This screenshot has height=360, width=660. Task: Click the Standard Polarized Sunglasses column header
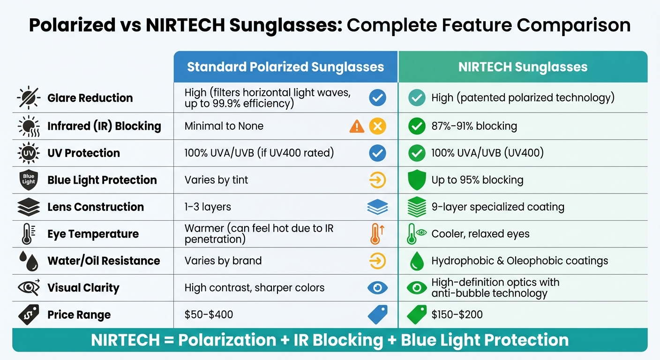click(285, 67)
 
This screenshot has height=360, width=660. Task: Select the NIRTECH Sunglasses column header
click(523, 67)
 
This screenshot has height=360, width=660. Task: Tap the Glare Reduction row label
click(90, 98)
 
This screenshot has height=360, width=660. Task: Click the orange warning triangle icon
click(357, 126)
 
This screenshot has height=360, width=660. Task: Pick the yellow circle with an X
click(377, 126)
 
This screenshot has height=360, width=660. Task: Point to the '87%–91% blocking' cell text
click(474, 126)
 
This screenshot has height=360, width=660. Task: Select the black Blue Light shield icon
click(29, 180)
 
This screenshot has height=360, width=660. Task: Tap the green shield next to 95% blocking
click(416, 180)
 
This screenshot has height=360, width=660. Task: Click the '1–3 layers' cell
click(208, 207)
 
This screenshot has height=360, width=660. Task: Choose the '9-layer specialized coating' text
click(498, 207)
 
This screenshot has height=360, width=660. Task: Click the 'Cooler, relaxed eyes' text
click(480, 234)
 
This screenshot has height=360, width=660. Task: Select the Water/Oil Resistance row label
click(104, 261)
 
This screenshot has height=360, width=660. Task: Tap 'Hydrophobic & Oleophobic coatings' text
click(520, 261)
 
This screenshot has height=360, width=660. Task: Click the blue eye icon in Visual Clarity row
click(377, 288)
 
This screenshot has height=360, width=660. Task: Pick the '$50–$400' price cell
click(209, 315)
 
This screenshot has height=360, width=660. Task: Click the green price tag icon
click(416, 315)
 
